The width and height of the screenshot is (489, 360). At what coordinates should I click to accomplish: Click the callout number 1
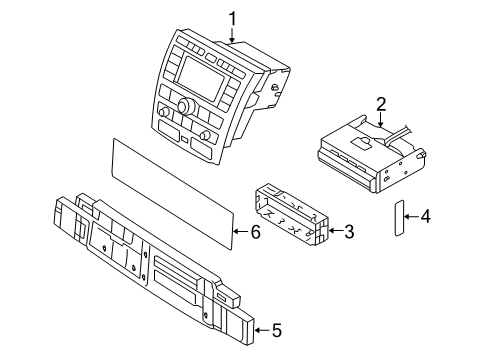tap(232, 19)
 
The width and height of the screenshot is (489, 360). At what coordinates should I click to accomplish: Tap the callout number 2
tap(381, 104)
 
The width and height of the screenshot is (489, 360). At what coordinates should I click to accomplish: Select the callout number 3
tap(349, 231)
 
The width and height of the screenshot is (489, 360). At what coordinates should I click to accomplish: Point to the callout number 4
tap(425, 217)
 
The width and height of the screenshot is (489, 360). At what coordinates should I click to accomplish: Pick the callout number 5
tap(277, 330)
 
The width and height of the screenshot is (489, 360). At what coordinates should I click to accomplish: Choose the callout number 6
tap(255, 231)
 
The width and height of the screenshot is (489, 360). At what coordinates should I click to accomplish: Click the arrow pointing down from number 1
tap(232, 35)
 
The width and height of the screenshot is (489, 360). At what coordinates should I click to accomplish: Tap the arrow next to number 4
tap(411, 217)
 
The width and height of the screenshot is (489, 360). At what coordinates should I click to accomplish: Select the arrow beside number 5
tap(262, 330)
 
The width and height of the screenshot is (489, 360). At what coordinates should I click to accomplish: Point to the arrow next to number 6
tap(240, 231)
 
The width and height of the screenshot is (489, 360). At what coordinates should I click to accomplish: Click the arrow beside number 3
tap(335, 231)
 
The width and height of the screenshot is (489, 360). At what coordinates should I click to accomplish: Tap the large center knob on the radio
tap(184, 106)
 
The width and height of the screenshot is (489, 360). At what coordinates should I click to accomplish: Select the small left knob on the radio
tap(163, 112)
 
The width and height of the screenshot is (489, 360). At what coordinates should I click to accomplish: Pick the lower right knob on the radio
tap(205, 136)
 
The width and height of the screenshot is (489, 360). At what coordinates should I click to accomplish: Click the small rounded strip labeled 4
tap(399, 218)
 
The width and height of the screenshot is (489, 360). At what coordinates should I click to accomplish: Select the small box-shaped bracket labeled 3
tap(292, 214)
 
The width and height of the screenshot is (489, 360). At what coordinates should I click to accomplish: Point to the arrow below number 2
tap(381, 120)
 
